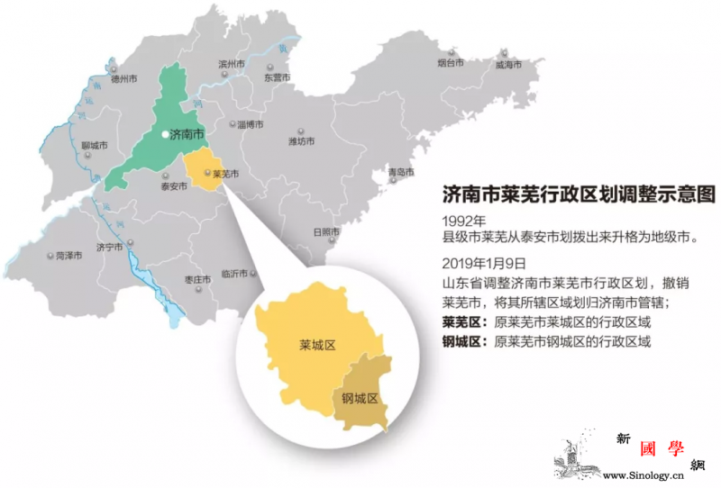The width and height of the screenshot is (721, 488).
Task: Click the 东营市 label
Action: click(277, 77)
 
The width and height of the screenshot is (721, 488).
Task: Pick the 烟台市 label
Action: click(450, 63)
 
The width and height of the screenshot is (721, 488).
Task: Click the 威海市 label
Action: click(508, 65)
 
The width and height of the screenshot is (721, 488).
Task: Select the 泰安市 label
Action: click(173, 186)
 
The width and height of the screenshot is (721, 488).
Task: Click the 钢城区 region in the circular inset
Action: click(358, 398)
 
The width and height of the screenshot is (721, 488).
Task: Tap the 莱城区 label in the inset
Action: click(317, 345)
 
